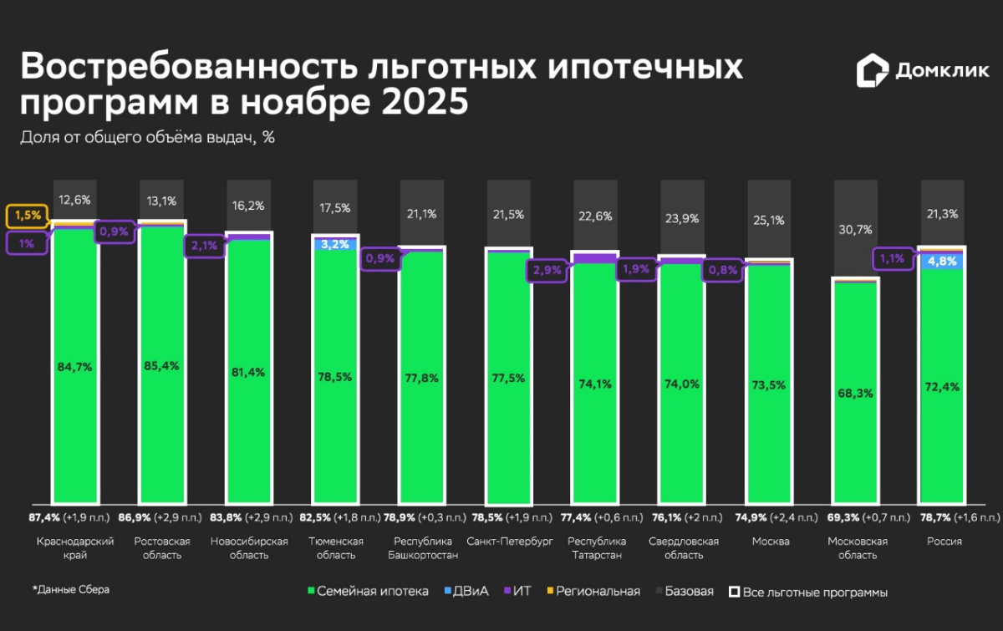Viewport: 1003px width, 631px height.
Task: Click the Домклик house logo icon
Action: tap(872, 71)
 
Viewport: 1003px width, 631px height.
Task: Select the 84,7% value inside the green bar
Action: tap(76, 365)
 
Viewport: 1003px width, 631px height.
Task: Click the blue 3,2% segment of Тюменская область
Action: tap(335, 245)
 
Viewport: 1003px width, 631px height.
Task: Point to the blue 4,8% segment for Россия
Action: tap(941, 261)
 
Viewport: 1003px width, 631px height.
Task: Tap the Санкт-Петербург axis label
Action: tap(509, 542)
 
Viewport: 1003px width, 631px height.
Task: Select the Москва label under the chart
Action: tap(771, 542)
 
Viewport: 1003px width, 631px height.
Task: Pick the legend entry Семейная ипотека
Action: tap(368, 592)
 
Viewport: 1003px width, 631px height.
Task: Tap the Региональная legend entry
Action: tap(596, 592)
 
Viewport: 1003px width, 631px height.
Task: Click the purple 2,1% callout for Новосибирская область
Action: tap(205, 246)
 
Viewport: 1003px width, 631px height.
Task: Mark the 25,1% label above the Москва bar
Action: tap(769, 220)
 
